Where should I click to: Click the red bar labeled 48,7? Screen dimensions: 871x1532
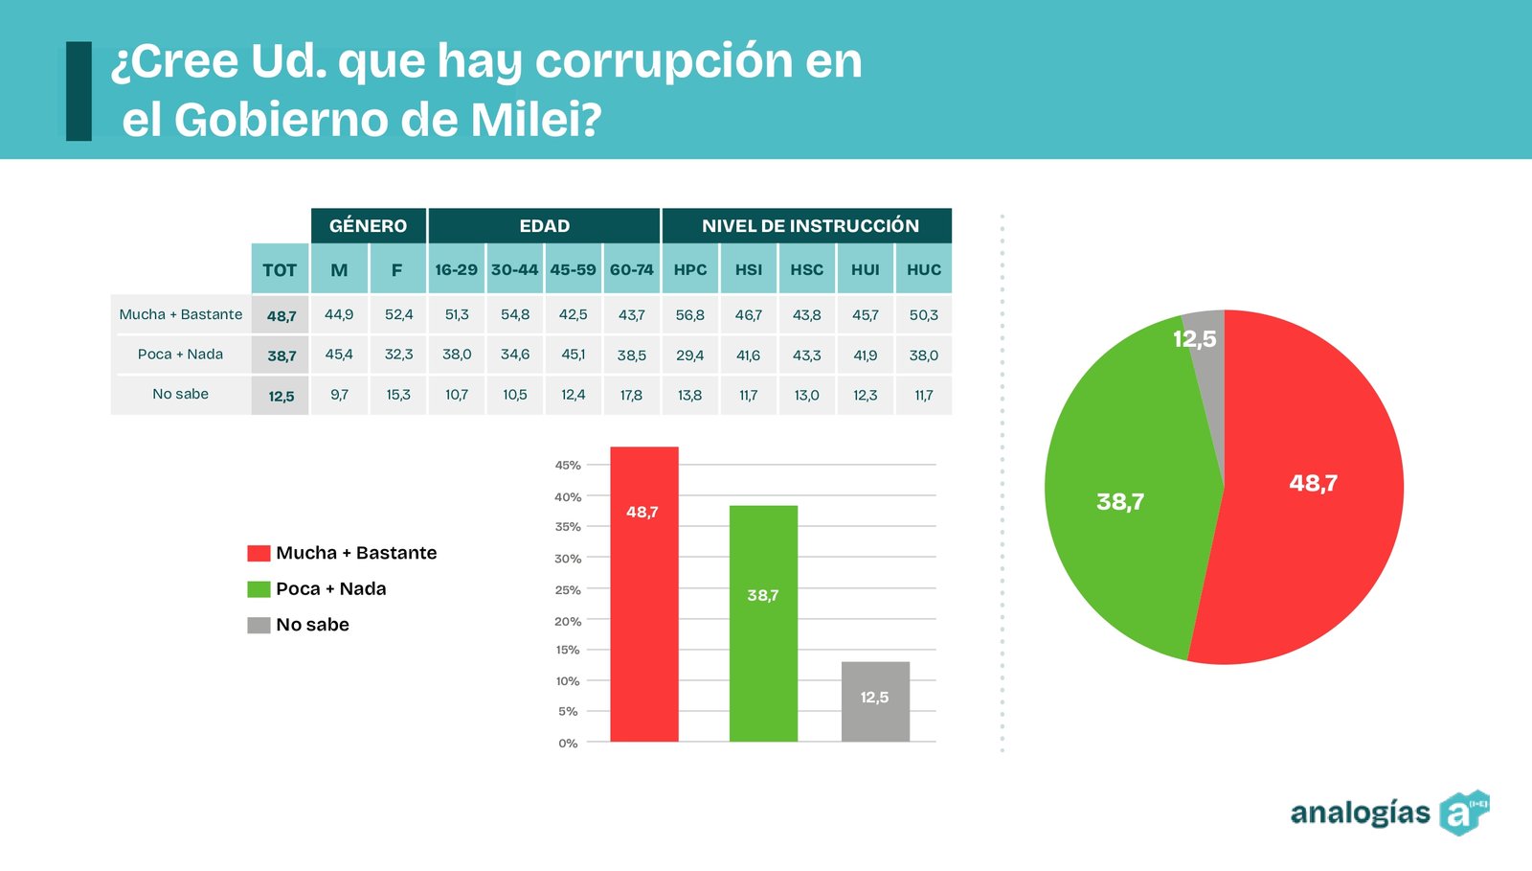point(643,594)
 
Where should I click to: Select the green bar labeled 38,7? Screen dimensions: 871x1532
point(763,623)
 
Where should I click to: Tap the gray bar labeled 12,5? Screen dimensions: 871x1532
point(875,701)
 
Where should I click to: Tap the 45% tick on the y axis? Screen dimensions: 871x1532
point(568,465)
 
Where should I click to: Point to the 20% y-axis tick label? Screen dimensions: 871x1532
point(568,621)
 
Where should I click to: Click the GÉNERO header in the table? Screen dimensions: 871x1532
point(368,226)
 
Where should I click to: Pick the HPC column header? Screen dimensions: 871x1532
point(690,270)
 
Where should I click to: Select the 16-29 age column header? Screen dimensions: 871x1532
point(456,270)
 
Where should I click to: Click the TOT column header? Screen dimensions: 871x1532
point(280,270)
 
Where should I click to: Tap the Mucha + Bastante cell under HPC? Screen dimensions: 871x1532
point(690,315)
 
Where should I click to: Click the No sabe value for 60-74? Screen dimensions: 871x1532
point(631,395)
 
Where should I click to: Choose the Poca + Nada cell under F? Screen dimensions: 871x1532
point(398,355)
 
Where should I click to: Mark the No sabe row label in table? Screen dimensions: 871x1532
point(180,394)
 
